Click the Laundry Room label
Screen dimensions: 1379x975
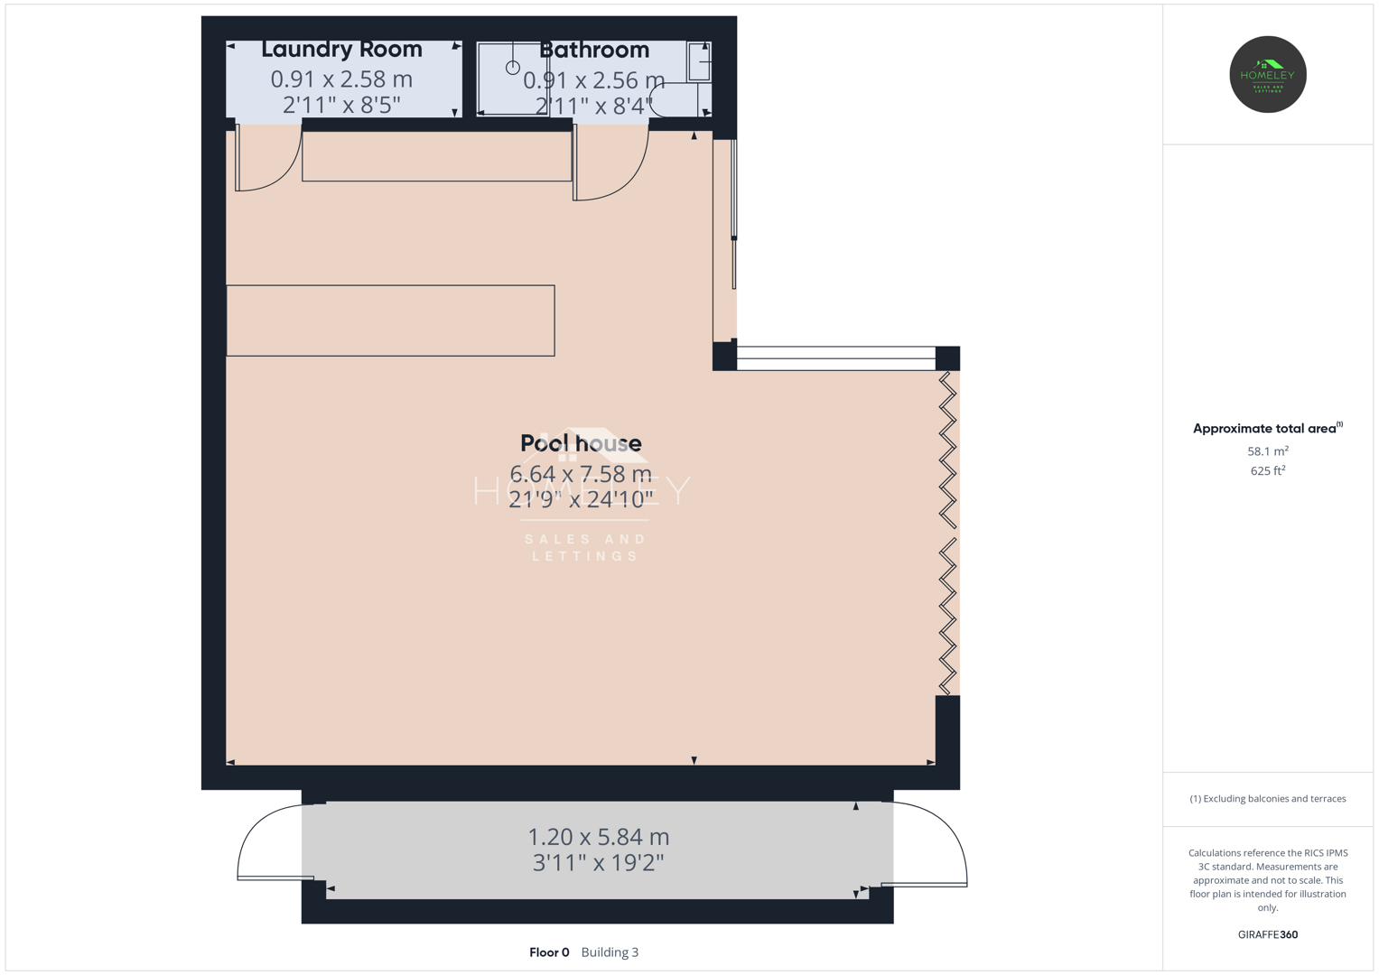coord(341,50)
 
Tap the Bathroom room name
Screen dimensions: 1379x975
coord(594,50)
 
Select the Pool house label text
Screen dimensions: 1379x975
coord(582,443)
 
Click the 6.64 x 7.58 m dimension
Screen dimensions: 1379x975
coord(581,474)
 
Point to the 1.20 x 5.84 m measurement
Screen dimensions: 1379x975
coord(599,837)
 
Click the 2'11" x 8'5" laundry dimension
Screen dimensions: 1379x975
coord(341,106)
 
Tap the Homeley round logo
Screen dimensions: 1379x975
coord(1268,74)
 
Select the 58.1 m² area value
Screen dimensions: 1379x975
coord(1268,451)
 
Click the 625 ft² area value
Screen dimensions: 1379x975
coord(1268,471)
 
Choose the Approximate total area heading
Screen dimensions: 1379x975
coord(1268,429)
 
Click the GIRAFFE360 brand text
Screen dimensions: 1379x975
coord(1268,934)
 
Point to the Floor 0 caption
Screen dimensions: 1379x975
coord(549,952)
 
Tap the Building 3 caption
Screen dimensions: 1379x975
coord(610,952)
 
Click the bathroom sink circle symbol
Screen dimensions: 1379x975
coord(513,68)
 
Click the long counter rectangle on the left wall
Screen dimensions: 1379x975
coord(390,320)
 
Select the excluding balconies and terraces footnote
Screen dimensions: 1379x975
coord(1268,798)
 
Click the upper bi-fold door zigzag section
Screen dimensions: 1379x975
coord(947,450)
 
